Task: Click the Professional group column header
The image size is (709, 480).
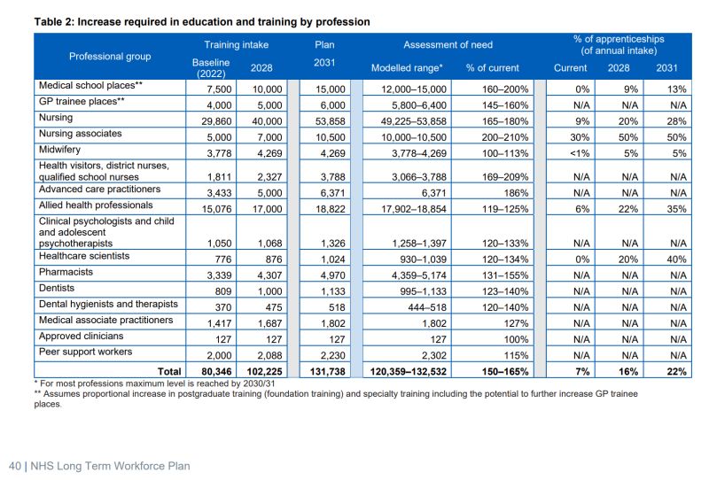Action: (x=110, y=56)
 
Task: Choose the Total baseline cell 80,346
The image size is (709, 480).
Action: (x=210, y=372)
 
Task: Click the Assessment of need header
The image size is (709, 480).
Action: (x=448, y=44)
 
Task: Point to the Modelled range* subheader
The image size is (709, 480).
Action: (x=406, y=67)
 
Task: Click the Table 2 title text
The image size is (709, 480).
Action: (x=201, y=20)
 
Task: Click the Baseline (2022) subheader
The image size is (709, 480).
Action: (x=211, y=67)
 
